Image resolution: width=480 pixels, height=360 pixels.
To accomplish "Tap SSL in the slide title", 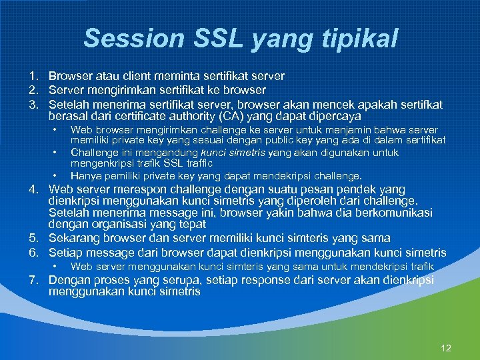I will click(213, 38).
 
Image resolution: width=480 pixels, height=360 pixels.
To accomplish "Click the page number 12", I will click(446, 348).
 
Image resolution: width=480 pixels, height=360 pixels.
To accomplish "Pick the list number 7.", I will click(32, 281).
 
